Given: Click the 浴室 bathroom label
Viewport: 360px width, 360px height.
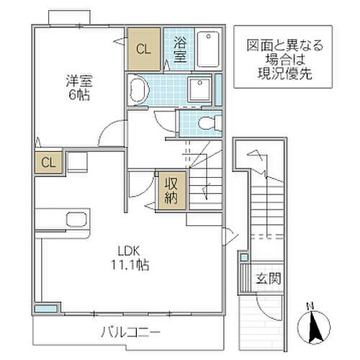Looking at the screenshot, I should click(x=179, y=50).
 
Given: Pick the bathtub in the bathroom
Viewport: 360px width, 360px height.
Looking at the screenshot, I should click(x=209, y=50).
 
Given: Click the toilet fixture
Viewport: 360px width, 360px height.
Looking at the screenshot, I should click(x=207, y=122).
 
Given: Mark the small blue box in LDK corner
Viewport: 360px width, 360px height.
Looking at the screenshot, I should click(x=46, y=309).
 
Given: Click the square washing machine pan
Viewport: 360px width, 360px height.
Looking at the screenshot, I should click(x=197, y=89).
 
